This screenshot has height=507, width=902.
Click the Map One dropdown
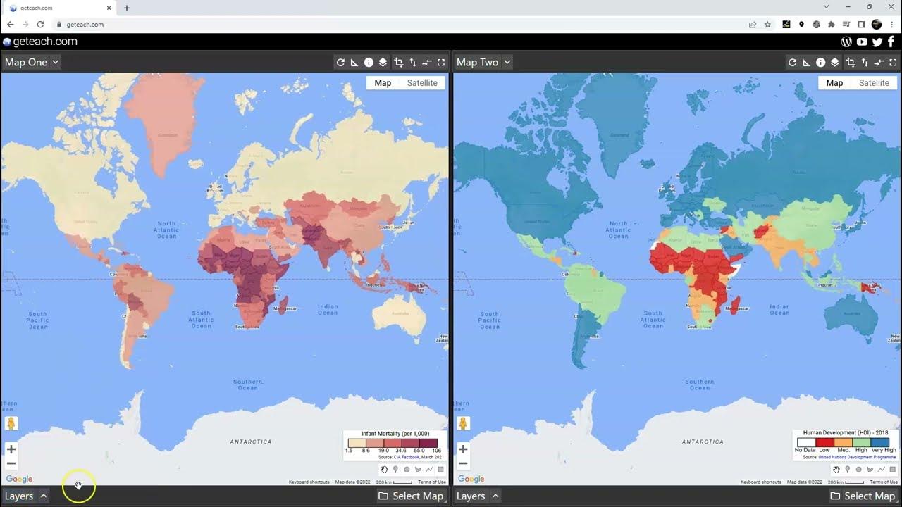31,62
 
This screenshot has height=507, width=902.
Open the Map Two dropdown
483,62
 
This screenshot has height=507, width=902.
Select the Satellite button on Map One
422,83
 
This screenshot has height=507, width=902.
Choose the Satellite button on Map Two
874,83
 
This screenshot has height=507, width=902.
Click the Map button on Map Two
834,83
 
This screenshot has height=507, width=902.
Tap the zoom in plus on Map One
11,449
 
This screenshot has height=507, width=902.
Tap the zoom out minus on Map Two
463,463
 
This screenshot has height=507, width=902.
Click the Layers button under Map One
25,496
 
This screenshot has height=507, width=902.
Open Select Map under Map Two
862,496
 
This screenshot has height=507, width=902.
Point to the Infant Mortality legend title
395,434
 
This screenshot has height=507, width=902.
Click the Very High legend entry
884,450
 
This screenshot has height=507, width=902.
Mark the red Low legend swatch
824,442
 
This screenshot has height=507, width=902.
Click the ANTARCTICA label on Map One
251,442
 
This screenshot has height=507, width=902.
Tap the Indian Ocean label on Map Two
779,309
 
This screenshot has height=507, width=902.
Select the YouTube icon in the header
862,42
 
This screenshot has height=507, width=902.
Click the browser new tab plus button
127,8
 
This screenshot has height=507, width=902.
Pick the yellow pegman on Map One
11,424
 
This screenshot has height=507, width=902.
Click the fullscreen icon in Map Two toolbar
893,63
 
